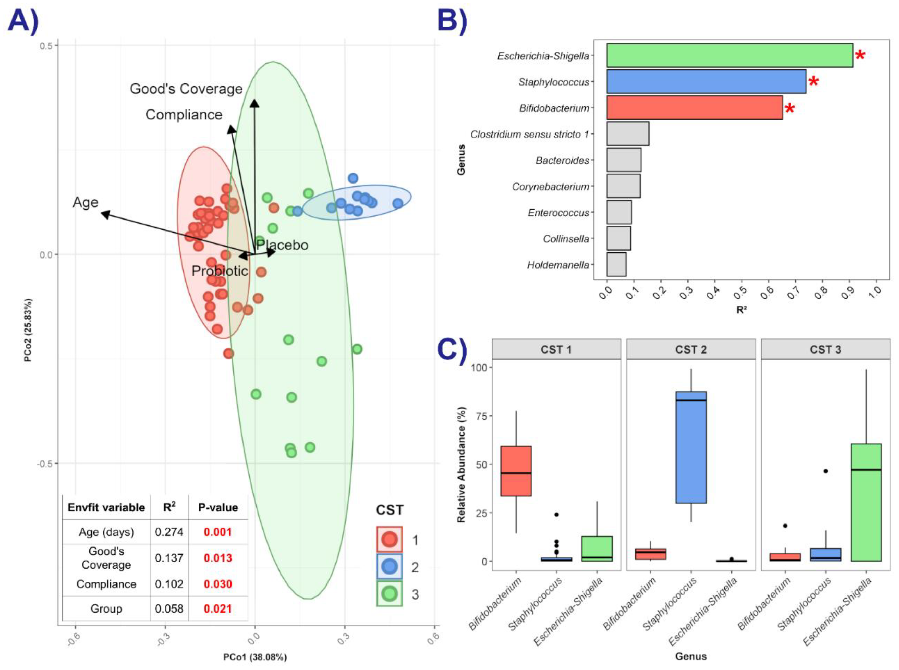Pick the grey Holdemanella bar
click(616, 264)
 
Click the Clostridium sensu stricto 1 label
click(529, 134)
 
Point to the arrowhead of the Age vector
click(104, 214)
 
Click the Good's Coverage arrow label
click(186, 89)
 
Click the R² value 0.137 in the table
click(169, 558)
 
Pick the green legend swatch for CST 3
click(389, 594)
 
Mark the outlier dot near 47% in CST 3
click(825, 471)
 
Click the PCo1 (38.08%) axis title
click(255, 657)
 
